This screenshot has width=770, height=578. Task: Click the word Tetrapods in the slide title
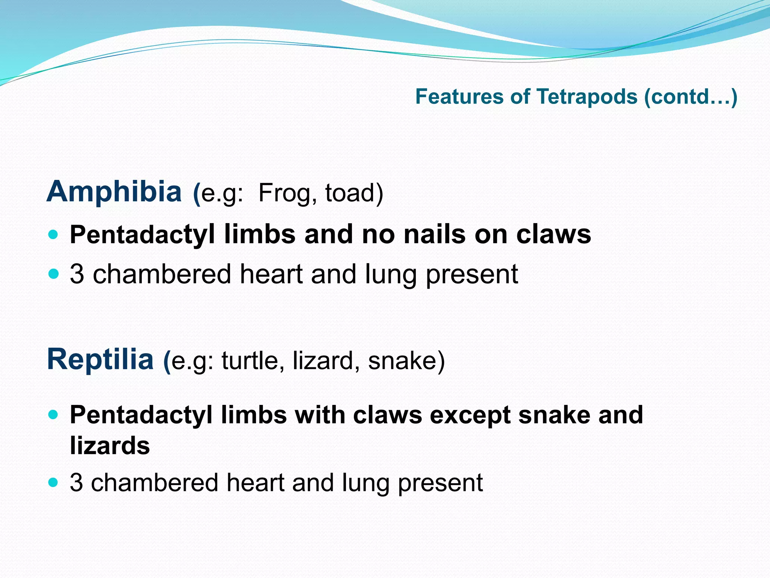point(587,97)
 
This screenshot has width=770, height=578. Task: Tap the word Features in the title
point(459,97)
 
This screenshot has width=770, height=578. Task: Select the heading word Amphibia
point(114,192)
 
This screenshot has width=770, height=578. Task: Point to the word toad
point(351,193)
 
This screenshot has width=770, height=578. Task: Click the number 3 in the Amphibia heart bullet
point(77,274)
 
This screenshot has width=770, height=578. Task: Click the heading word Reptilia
point(100,359)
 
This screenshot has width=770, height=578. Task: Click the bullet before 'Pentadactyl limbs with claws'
point(54,415)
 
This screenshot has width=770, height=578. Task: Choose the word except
point(470,415)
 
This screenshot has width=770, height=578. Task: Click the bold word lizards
point(110,446)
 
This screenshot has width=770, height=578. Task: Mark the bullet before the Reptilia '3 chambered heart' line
point(54,482)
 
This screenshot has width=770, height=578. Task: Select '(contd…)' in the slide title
point(690,97)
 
